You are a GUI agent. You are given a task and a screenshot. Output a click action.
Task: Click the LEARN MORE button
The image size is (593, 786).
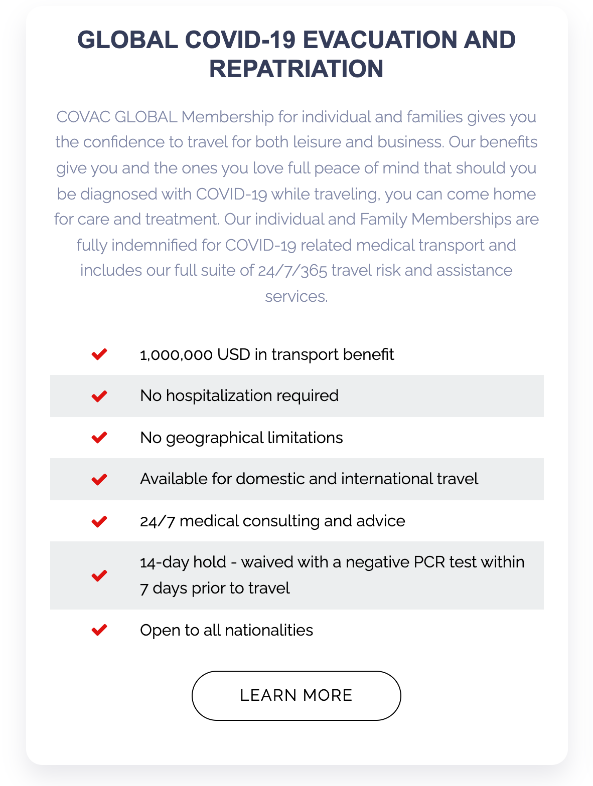coord(296,695)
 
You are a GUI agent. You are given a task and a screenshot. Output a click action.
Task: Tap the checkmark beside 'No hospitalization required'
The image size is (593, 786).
coord(99,396)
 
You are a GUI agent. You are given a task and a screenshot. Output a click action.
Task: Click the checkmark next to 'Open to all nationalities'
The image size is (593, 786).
coord(99,630)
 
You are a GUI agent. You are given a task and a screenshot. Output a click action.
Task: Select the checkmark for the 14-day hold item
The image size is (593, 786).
coord(99,575)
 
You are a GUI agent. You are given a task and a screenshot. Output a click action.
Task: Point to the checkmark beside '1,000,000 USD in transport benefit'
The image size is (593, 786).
coord(99,354)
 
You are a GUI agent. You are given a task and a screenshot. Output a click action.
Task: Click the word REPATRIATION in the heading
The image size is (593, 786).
coord(296,69)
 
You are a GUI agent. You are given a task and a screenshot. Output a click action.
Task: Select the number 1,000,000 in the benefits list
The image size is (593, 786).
coord(176,355)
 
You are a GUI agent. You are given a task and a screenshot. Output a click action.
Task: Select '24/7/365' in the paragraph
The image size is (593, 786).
coord(292,271)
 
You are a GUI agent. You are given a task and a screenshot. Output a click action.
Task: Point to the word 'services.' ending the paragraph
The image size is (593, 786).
coord(296,296)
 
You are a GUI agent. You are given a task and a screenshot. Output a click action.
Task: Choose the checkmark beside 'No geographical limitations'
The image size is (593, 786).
coord(99,438)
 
